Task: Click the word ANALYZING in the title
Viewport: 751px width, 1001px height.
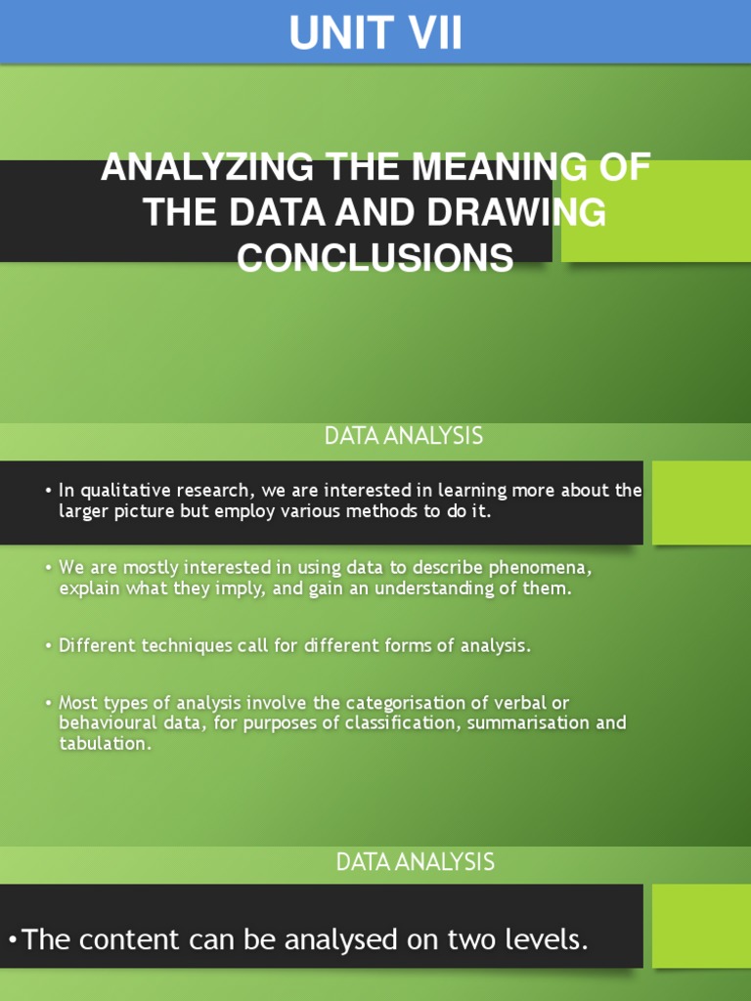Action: (206, 167)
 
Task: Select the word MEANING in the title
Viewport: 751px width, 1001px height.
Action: (495, 167)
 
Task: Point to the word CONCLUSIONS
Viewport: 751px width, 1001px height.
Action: (375, 258)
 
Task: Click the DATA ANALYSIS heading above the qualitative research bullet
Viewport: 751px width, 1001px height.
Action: (404, 437)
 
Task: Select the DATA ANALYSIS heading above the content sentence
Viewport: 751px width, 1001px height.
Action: (416, 862)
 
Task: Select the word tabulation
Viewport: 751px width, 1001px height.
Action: (105, 744)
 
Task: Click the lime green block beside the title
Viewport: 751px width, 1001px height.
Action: (655, 211)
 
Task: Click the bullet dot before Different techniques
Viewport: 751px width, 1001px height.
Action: (48, 647)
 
